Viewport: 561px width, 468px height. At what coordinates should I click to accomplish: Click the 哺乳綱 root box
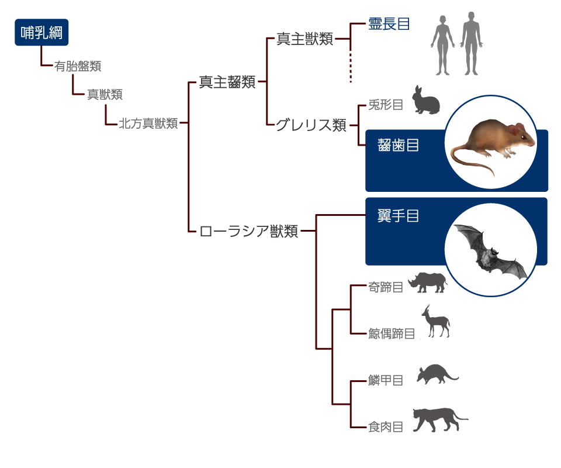point(41,33)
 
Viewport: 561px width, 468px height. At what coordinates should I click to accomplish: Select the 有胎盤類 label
point(78,66)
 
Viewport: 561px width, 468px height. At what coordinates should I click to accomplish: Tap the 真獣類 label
point(105,95)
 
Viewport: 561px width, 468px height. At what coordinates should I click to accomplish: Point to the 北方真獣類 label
point(148,123)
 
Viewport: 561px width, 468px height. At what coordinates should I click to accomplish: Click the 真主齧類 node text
point(227,82)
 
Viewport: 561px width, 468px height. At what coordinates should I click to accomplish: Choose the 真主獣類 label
point(304,40)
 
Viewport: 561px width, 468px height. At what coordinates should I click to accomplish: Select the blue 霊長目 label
point(389,25)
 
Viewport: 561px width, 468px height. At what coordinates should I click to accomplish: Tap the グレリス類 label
point(311,125)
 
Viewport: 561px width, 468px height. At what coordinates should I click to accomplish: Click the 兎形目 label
point(386,105)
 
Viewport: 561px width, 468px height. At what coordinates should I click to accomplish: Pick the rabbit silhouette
point(426,102)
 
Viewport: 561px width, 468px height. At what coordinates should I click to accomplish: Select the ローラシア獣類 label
point(248,232)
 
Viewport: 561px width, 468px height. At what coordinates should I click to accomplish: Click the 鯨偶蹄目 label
point(392,334)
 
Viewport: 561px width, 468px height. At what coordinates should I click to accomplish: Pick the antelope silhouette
point(435,323)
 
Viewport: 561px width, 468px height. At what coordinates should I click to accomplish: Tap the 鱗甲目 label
point(386,381)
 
